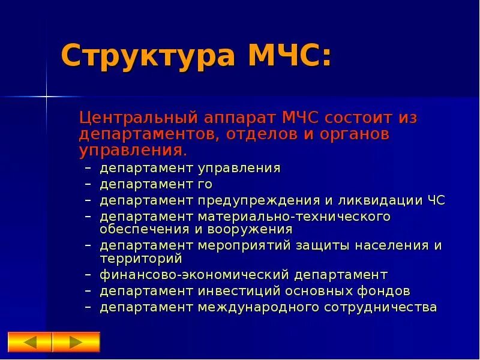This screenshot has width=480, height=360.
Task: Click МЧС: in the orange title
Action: (289, 56)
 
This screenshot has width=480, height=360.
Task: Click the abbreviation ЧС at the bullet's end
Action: (436, 200)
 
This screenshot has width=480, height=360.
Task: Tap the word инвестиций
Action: (238, 291)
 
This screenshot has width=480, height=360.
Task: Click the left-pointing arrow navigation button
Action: (31, 342)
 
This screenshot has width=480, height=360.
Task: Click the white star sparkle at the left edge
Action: (47, 95)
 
